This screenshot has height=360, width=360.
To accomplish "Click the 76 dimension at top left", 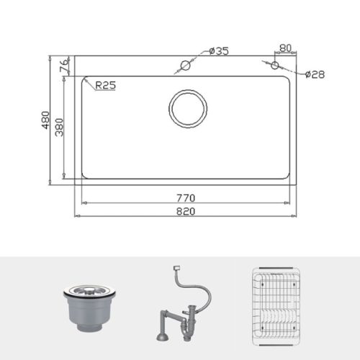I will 63,66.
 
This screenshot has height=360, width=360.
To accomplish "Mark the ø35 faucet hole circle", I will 185,66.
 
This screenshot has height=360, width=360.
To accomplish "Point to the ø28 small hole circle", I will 274,66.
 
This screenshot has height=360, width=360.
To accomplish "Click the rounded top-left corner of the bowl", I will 84,81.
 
